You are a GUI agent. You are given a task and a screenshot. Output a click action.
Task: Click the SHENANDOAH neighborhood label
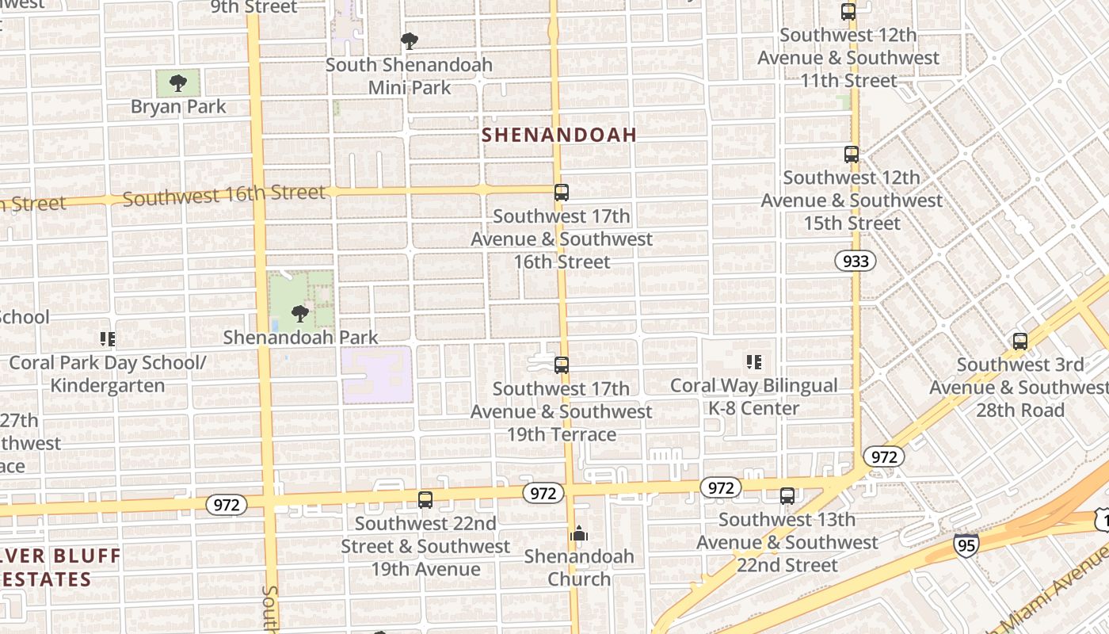(558, 135)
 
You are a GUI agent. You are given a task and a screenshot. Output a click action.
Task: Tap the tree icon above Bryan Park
(178, 82)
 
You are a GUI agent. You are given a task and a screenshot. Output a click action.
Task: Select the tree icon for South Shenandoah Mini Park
(409, 40)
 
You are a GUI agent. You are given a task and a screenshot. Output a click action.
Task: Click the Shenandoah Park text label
(300, 338)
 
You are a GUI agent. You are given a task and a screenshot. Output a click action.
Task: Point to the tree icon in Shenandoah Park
(299, 314)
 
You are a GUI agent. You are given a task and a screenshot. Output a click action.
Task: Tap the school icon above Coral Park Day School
(108, 339)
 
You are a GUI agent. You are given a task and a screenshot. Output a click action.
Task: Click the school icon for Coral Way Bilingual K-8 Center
(753, 362)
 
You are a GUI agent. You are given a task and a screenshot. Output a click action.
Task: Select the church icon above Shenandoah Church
(579, 533)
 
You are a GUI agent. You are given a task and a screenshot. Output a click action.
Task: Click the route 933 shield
(856, 261)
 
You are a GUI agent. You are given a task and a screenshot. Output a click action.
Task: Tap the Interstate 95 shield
(966, 544)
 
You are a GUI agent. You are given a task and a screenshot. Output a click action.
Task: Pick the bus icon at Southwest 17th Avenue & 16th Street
(562, 192)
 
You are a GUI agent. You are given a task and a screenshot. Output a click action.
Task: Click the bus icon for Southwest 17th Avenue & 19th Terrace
(562, 365)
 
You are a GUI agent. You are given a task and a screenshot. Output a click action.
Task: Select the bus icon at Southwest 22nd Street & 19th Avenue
(425, 500)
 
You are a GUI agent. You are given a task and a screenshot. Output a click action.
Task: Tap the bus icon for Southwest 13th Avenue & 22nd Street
(787, 496)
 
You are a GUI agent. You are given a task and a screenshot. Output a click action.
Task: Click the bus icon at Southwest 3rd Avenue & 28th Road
(1020, 342)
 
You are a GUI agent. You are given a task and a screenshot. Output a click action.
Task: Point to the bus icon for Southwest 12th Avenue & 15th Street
(852, 155)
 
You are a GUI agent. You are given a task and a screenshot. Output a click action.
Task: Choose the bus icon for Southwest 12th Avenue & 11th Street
(848, 12)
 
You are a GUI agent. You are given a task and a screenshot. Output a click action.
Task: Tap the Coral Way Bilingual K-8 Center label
(753, 397)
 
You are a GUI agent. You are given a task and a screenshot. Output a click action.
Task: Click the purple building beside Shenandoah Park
(377, 374)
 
